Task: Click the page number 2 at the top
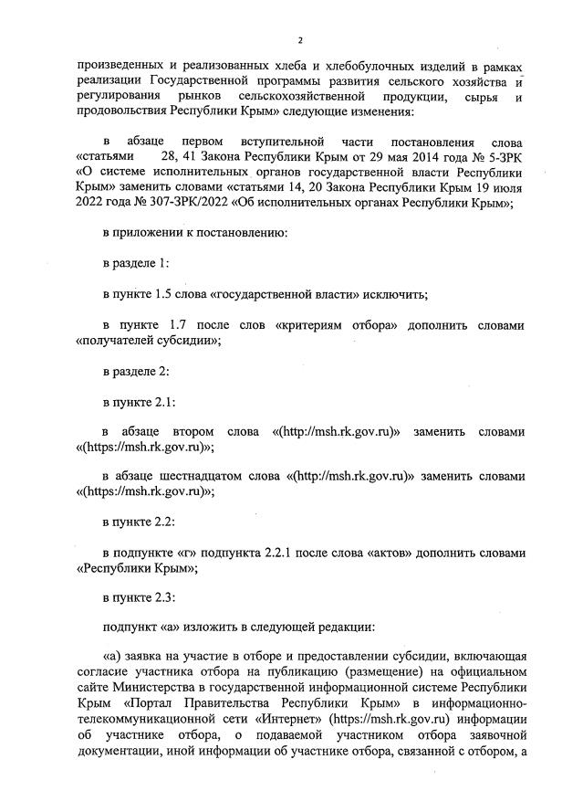click(x=299, y=40)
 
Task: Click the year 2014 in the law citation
click(x=376, y=157)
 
